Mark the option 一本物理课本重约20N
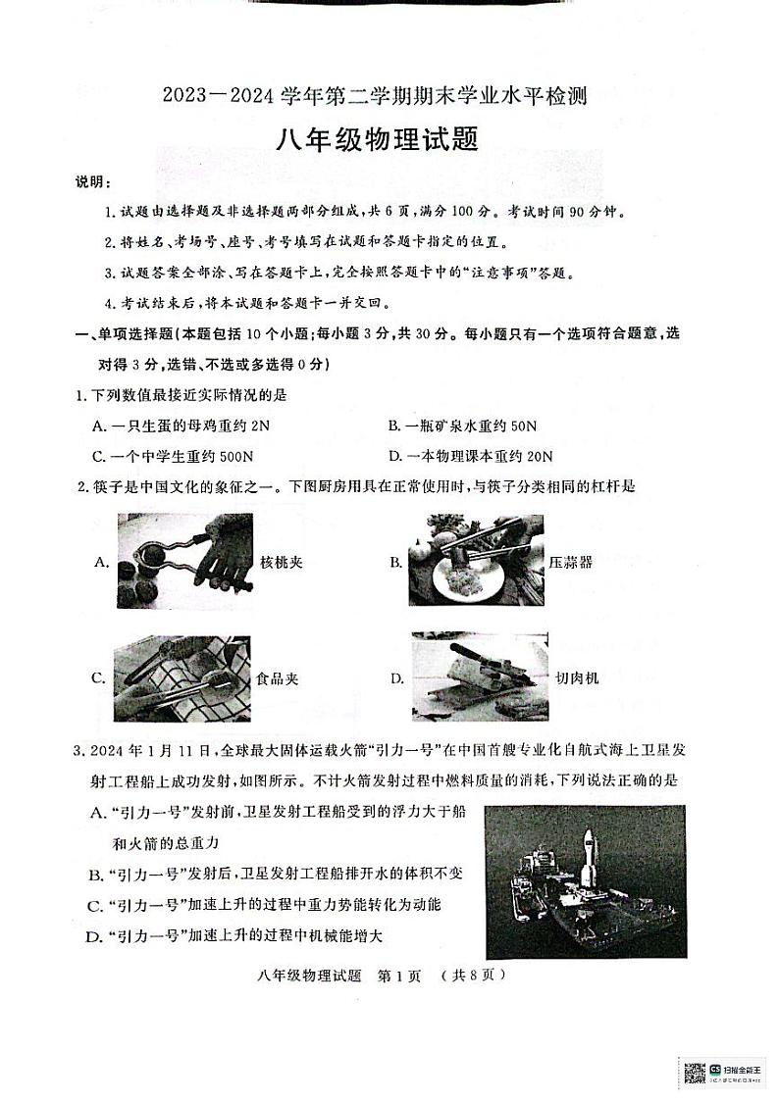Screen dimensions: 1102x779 point(470,456)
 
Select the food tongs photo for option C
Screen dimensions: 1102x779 point(182,677)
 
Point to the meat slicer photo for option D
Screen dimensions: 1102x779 point(475,676)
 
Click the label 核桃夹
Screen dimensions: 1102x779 point(280,563)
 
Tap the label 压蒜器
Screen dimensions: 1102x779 point(573,563)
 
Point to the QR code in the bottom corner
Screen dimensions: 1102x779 point(695,1073)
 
